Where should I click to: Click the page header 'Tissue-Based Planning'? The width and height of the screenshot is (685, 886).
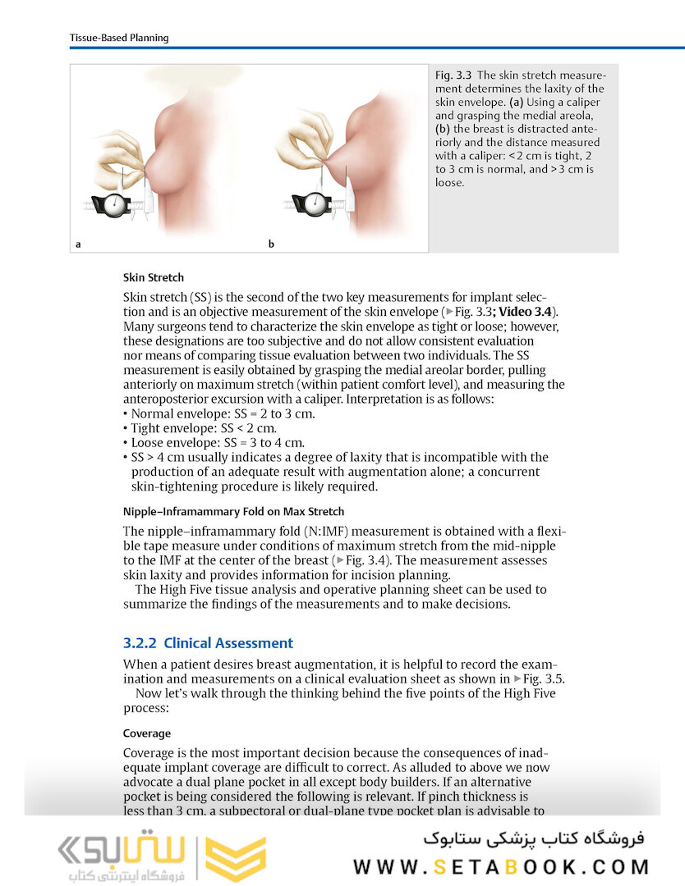tap(118, 38)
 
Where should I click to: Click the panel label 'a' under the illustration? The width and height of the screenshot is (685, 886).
tap(78, 244)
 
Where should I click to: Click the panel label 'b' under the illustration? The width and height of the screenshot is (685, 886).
tap(271, 244)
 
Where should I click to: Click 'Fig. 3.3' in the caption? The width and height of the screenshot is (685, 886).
tap(453, 75)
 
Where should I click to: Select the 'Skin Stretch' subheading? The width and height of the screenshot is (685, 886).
tap(153, 277)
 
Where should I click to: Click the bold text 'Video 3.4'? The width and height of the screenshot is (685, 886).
tap(527, 311)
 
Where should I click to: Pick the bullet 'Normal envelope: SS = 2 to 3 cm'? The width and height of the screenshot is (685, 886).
tap(222, 413)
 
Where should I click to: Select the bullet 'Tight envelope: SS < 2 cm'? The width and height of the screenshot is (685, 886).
tap(203, 428)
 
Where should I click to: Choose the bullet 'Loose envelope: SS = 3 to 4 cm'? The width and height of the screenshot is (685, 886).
tap(215, 442)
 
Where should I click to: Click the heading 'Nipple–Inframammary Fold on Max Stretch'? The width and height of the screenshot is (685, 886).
tap(222, 512)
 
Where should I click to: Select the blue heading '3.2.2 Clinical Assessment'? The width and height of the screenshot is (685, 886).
tap(208, 643)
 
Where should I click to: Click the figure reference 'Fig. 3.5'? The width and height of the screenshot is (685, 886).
tap(543, 678)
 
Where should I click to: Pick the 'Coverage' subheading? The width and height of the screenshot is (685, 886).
tap(147, 733)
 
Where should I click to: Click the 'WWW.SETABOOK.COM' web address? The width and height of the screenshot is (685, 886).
tap(501, 867)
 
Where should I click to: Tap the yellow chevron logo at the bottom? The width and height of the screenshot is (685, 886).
tap(235, 859)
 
